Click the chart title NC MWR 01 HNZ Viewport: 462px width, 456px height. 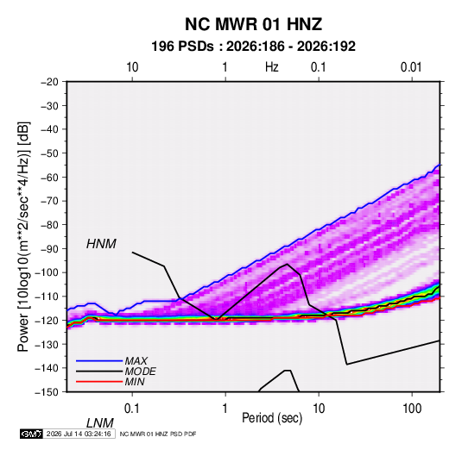tap(253, 24)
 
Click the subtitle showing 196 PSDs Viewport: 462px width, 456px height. tap(253, 47)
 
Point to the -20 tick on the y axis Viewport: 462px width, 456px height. tap(49, 82)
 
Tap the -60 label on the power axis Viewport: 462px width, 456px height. tap(49, 177)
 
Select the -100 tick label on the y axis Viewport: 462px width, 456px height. tap(47, 272)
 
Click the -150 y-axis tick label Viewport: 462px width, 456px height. tap(47, 392)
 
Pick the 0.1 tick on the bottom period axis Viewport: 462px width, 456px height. tap(132, 409)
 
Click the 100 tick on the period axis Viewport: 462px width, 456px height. tap(412, 409)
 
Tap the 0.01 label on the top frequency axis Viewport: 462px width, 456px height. tap(411, 67)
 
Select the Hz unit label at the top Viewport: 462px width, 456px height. tap(272, 67)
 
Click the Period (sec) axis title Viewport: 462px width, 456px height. tap(272, 418)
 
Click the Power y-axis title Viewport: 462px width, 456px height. tap(23, 236)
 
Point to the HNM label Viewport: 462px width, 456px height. tap(101, 244)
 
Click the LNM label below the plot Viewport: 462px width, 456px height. tap(100, 423)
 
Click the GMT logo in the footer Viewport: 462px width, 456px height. tap(31, 434)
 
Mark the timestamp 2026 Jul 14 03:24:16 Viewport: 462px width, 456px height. tap(79, 434)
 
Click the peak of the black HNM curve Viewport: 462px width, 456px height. tap(288, 264)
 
